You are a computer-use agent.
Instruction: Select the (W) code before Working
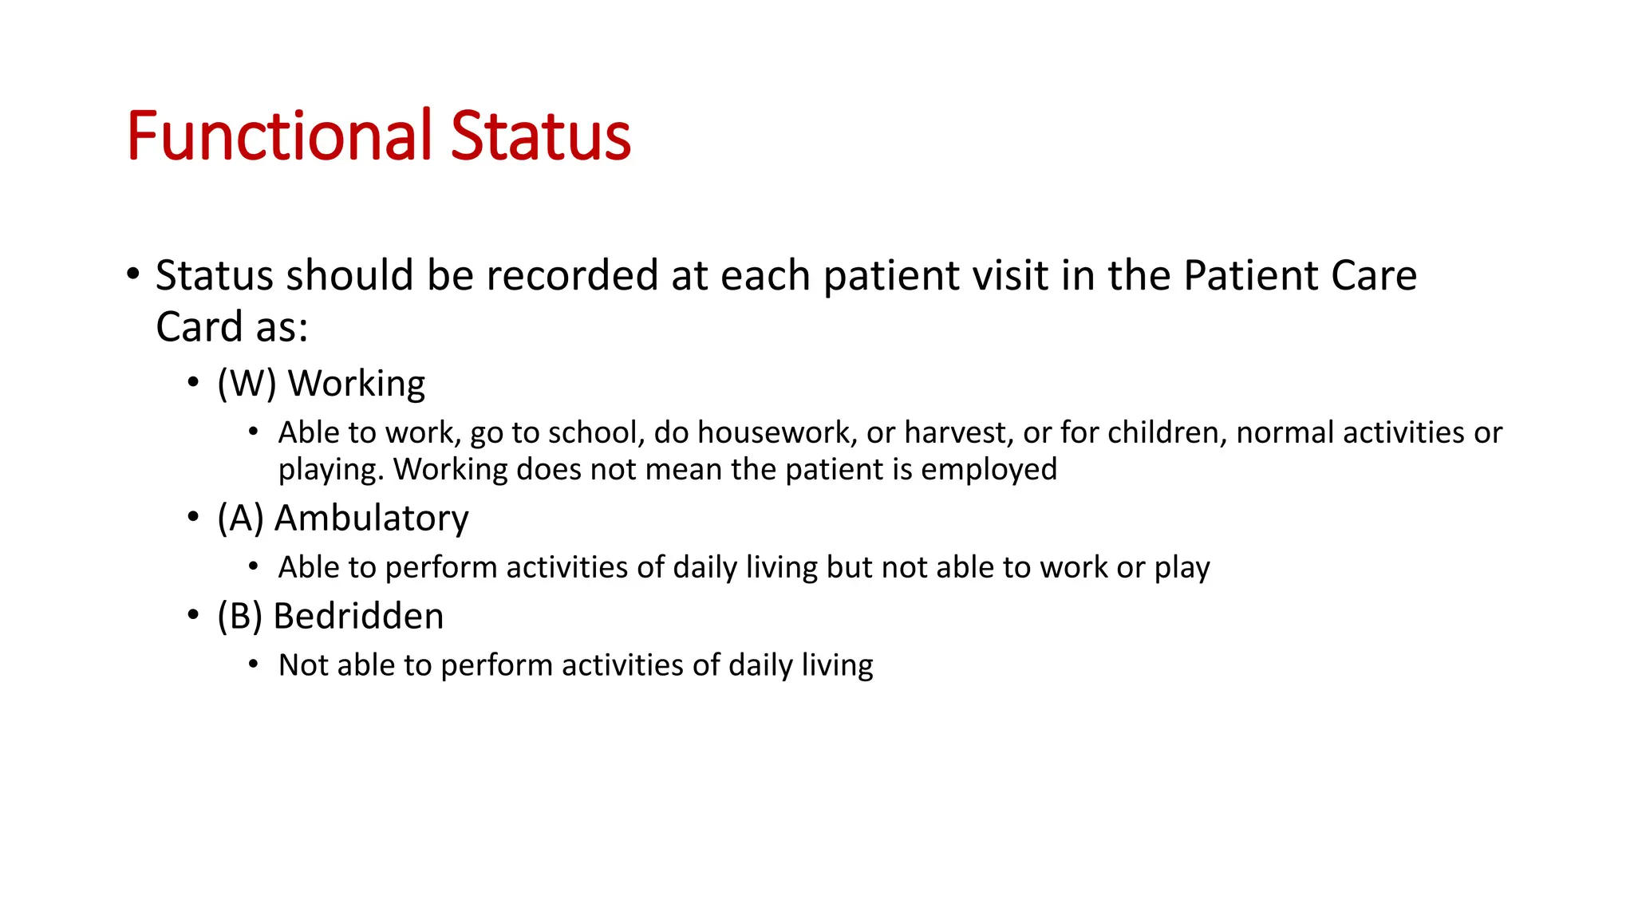(x=247, y=384)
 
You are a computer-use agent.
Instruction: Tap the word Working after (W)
(x=357, y=384)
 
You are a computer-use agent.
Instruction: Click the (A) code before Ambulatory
(x=240, y=519)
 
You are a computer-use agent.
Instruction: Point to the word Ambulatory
(x=372, y=519)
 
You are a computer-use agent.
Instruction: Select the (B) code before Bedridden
(x=239, y=617)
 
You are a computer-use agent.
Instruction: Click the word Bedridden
(x=358, y=617)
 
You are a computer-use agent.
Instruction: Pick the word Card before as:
(x=199, y=327)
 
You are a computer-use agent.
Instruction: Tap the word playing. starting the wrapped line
(x=331, y=470)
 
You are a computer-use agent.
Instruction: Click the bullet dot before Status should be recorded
(x=133, y=274)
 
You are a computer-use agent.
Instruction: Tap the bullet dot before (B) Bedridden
(x=193, y=616)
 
